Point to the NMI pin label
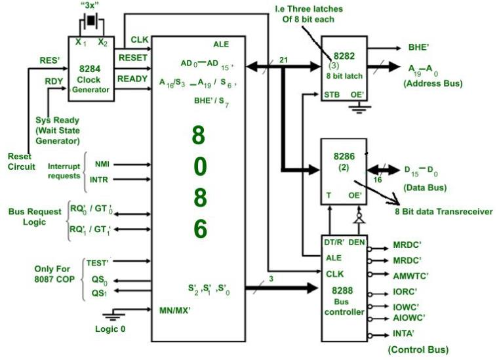click(102, 165)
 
